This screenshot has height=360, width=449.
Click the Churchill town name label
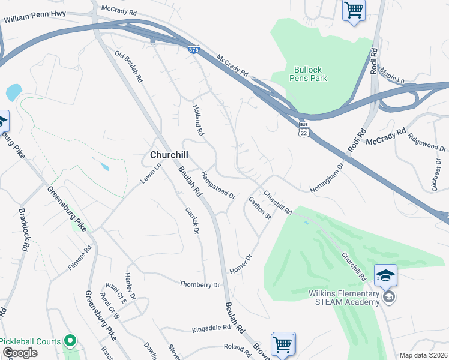(x=171, y=155)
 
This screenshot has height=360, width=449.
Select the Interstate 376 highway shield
(x=193, y=50)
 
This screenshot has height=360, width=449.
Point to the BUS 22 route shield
(x=304, y=131)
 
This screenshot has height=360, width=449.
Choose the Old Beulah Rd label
(x=129, y=67)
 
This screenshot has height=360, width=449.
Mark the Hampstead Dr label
(x=217, y=185)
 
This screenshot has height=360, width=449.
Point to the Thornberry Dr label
(x=200, y=284)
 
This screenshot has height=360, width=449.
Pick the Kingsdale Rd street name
(x=211, y=329)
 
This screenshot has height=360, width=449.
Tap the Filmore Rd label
(x=80, y=257)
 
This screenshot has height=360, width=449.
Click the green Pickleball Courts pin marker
(x=70, y=341)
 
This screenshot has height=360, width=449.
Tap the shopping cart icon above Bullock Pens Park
(x=354, y=10)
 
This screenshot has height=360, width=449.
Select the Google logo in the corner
(x=20, y=353)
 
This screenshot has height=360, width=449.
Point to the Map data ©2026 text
(x=423, y=355)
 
